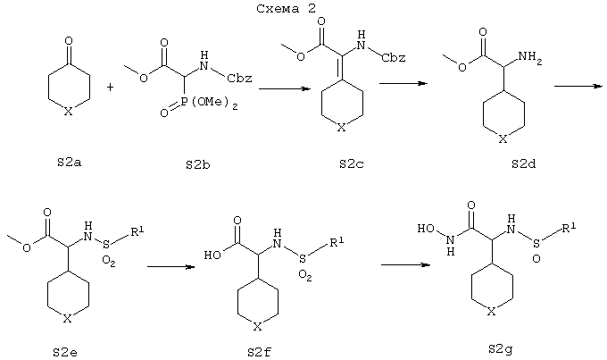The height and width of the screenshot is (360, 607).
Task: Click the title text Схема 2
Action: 286,9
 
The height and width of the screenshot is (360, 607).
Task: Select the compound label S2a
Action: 69,162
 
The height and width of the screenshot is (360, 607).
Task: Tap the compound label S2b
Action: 198,165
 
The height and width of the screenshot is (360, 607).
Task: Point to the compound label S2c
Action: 352,163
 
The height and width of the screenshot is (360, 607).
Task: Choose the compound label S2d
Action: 523,163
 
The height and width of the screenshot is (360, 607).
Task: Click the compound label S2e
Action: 65,352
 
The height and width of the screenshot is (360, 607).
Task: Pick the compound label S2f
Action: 259,352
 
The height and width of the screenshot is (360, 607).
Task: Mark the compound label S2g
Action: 500,349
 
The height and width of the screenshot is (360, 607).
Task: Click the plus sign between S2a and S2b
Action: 111,88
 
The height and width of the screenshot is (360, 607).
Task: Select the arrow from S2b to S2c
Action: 285,88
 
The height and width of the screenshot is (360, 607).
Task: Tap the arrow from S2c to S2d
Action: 403,83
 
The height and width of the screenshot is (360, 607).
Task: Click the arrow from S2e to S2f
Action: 170,266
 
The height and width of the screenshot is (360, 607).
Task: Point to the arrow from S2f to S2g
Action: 405,264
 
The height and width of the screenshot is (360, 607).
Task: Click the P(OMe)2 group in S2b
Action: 209,103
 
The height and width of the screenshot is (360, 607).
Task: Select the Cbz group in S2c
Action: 394,58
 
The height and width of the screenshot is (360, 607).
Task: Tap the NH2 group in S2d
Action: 530,58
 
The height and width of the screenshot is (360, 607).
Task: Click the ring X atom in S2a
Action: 68,112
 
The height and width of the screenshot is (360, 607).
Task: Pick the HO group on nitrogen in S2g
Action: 426,229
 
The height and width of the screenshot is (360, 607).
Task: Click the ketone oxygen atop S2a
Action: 69,41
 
